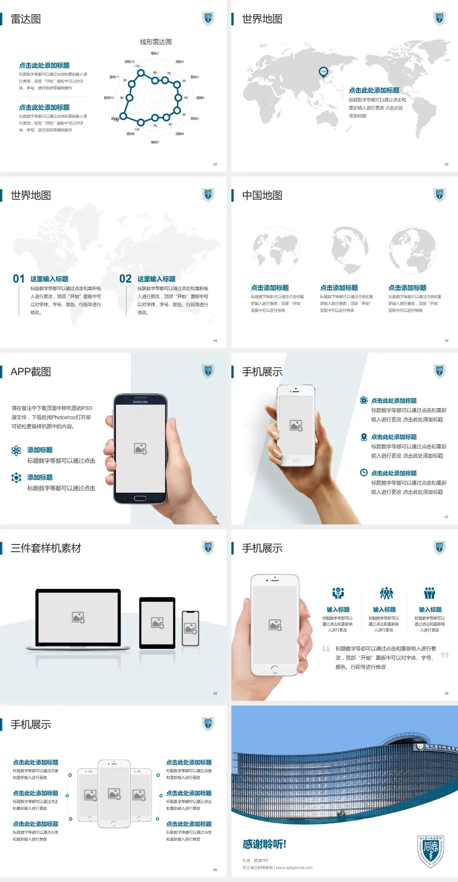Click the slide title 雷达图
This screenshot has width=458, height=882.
26,19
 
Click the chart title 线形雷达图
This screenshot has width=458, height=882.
156,42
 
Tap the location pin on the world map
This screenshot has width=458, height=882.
323,72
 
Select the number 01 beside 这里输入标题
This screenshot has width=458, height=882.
19,279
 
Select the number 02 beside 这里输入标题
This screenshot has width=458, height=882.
125,279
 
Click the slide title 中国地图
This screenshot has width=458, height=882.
262,195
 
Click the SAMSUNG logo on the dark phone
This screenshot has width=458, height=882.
140,402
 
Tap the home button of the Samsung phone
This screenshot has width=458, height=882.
140,498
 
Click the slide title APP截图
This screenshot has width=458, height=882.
31,372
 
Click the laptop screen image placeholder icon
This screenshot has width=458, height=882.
78,617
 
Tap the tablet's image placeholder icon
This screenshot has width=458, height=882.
157,623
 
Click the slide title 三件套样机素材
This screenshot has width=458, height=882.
46,548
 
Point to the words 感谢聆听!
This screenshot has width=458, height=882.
264,844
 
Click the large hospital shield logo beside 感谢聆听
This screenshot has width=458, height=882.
430,851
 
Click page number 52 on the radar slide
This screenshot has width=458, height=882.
215,164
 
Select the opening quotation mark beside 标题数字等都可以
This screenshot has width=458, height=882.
326,649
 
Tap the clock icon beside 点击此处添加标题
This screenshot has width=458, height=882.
364,472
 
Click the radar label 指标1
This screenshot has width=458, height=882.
155,53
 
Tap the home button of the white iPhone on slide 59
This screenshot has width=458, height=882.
274,669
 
